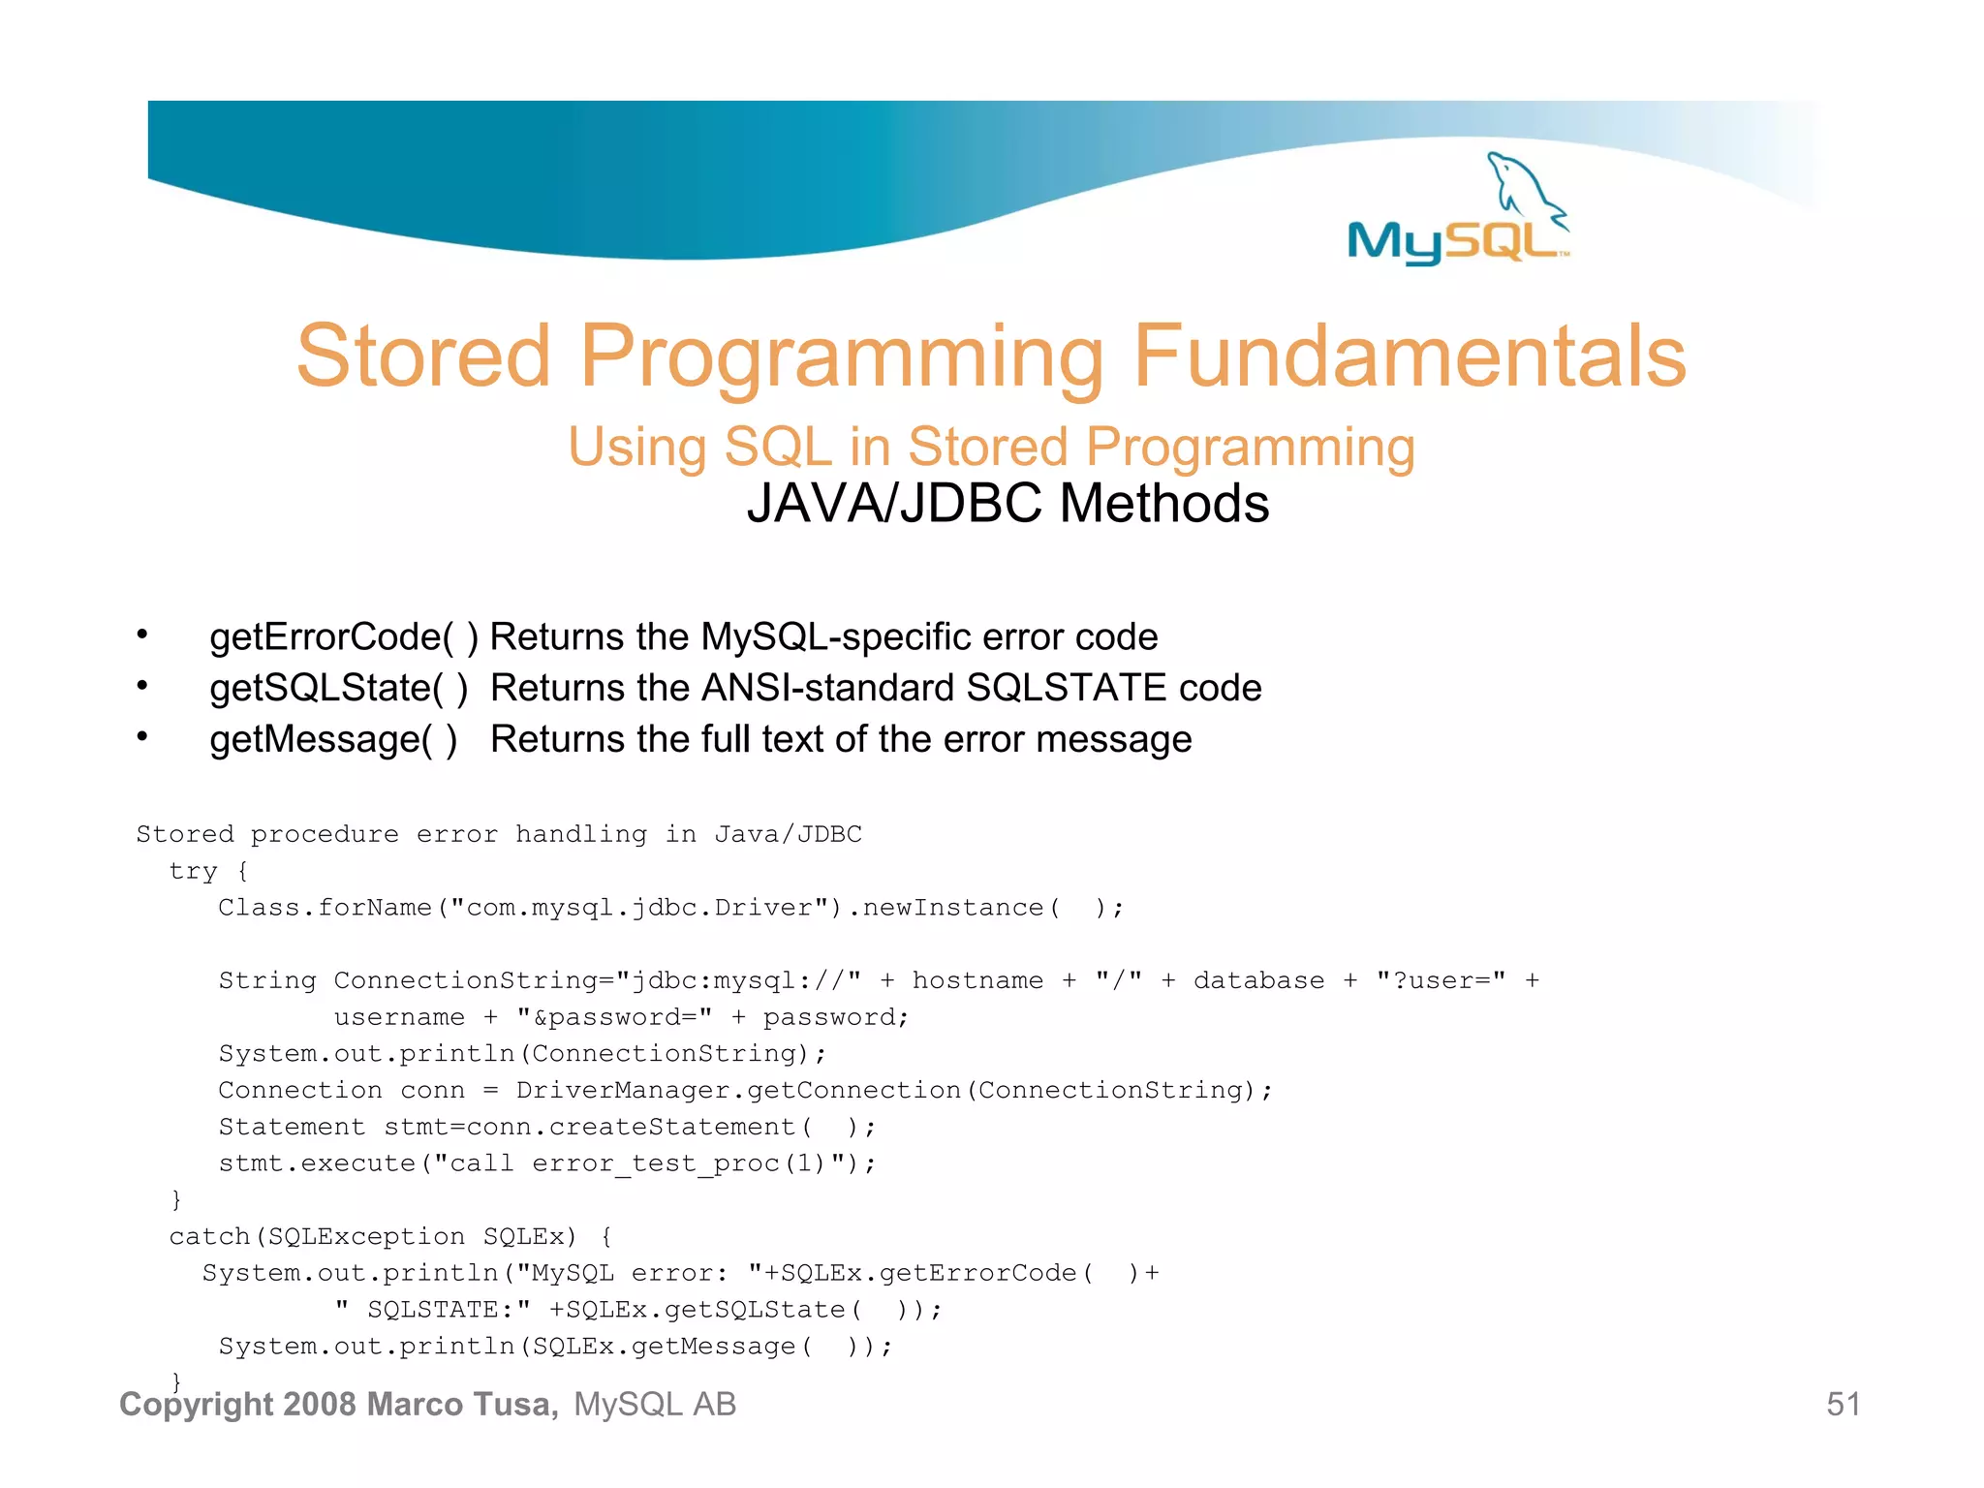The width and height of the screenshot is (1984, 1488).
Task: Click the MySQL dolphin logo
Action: [x=1458, y=211]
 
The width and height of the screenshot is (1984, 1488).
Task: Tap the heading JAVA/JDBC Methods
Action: [x=1007, y=504]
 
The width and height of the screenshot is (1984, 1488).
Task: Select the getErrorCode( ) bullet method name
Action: [x=344, y=637]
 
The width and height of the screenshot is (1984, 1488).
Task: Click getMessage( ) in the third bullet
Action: [x=333, y=740]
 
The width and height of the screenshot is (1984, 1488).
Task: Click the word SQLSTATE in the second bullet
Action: [x=1067, y=689]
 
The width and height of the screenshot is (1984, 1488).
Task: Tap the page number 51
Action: [x=1843, y=1405]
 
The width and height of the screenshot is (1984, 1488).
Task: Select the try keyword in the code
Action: [x=193, y=871]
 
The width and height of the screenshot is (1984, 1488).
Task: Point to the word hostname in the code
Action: [x=977, y=980]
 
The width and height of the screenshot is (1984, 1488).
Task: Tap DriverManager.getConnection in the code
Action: [x=738, y=1090]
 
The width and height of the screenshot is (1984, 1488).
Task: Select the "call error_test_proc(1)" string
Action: [x=639, y=1163]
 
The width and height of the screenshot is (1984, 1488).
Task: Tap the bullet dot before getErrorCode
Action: [x=142, y=635]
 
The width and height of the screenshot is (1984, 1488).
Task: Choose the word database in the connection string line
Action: [x=1258, y=980]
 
